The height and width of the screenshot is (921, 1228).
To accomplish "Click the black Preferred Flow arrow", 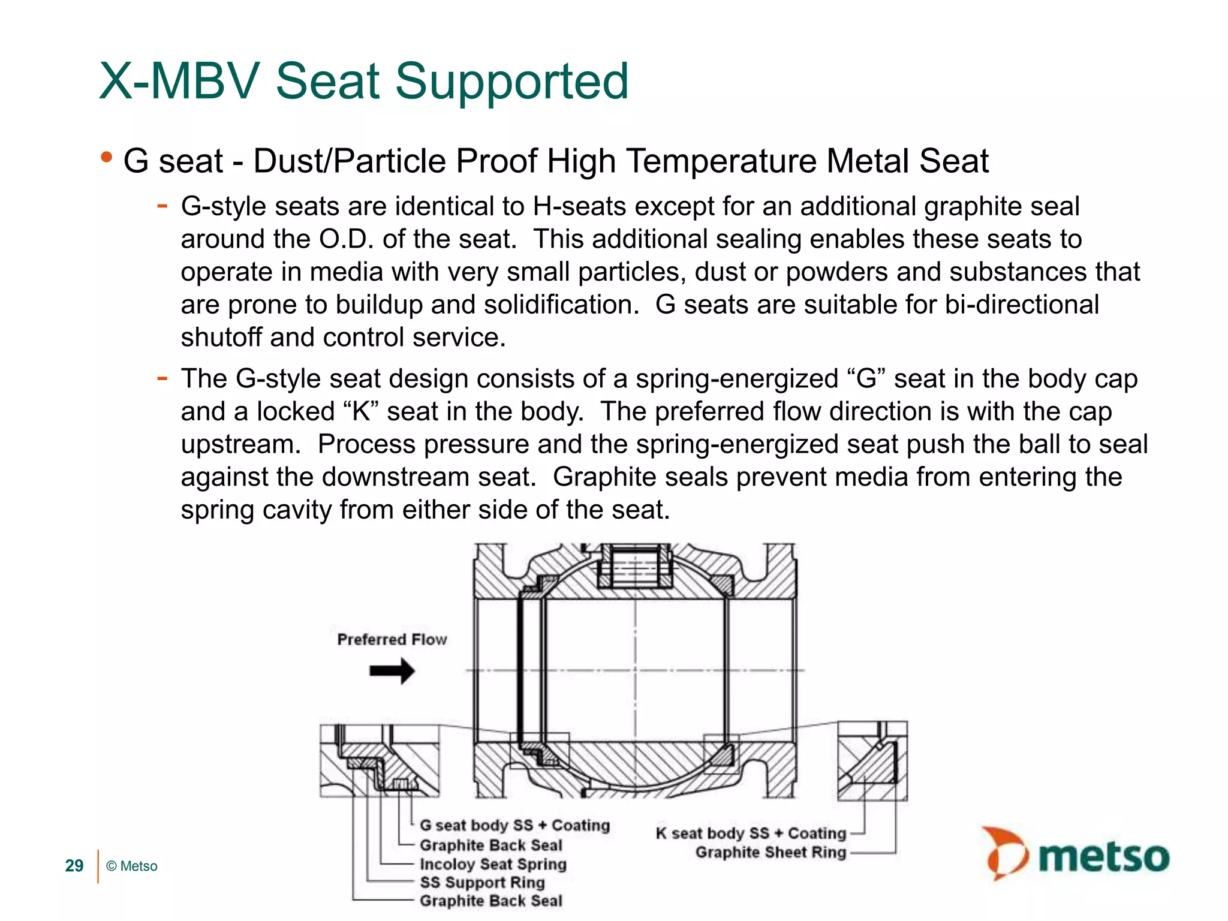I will point(392,671).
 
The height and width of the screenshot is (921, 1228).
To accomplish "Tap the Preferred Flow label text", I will point(392,640).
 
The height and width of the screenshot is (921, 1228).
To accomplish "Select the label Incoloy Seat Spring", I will point(493,864).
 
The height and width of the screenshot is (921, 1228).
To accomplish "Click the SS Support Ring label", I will point(482,883).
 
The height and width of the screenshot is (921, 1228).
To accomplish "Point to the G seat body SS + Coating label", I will point(514,826).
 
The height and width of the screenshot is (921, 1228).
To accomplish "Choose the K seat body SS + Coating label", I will point(751,833).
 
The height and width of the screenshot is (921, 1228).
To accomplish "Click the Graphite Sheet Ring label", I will point(770,852).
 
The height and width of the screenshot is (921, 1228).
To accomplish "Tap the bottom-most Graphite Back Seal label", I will point(490,901).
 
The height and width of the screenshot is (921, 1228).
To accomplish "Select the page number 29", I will point(74,866).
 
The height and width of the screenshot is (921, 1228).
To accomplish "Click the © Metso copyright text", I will point(131,866).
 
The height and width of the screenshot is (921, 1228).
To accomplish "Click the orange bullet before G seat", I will point(107,158).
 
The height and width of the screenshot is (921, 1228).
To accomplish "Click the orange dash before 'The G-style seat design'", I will point(162,378).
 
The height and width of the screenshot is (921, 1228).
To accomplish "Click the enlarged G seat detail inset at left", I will point(380,760).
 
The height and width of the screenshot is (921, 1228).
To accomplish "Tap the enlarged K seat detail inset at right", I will point(872,760).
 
